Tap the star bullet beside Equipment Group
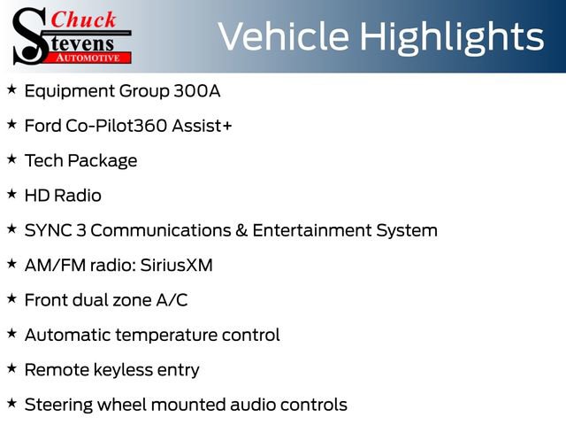coord(11,89)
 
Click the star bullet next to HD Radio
coord(11,194)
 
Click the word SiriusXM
coord(177,266)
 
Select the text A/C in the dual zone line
coord(172,300)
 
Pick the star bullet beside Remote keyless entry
coord(11,368)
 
